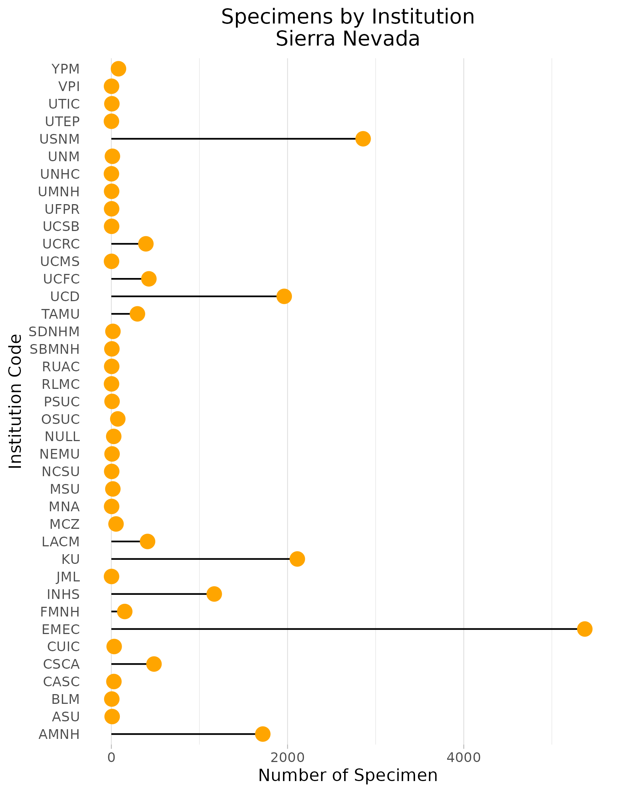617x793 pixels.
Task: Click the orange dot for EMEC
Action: (x=584, y=629)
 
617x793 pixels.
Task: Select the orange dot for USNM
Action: (x=363, y=139)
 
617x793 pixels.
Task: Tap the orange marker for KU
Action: (x=297, y=559)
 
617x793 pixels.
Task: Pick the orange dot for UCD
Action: (x=284, y=296)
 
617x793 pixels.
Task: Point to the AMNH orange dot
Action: (x=262, y=734)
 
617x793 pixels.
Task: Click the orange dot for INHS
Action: (x=214, y=594)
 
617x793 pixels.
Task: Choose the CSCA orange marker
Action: (x=154, y=664)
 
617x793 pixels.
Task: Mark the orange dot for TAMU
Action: (x=137, y=314)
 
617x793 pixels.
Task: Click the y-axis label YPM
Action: (x=65, y=69)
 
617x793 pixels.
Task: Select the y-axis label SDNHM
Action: (x=54, y=331)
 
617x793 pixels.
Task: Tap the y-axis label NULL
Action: (x=62, y=437)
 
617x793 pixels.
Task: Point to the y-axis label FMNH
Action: (x=60, y=612)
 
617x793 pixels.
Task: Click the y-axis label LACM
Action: (x=60, y=541)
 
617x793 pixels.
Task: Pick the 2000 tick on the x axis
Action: (x=287, y=757)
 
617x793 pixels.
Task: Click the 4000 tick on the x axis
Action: (x=464, y=757)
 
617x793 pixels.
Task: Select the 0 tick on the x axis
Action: (x=111, y=757)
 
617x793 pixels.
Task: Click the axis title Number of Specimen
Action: (x=348, y=775)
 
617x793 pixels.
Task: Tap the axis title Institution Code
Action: (x=16, y=401)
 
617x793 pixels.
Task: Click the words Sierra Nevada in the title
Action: (x=348, y=39)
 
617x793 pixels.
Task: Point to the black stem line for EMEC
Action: (x=343, y=629)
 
